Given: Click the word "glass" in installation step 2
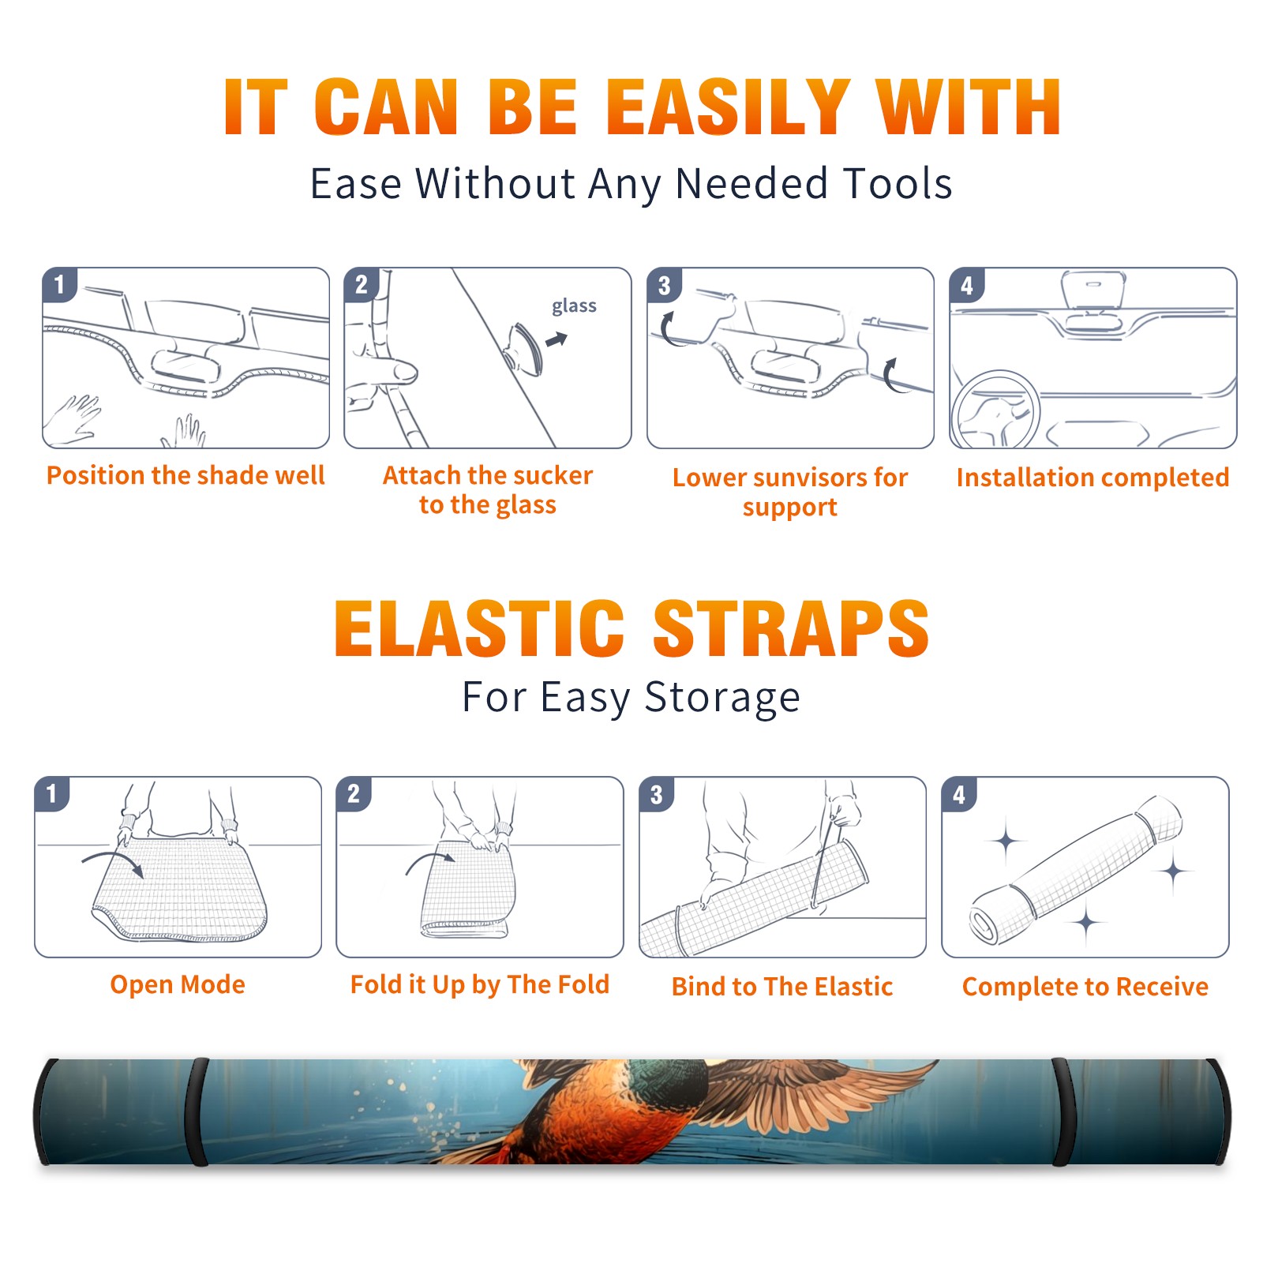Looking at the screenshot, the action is click(x=574, y=306).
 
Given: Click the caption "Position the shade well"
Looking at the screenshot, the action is click(x=186, y=475).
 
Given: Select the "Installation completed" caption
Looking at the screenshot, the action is click(x=1092, y=478).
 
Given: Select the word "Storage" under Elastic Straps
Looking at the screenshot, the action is click(x=722, y=699).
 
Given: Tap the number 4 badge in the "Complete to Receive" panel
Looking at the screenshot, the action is click(x=959, y=795).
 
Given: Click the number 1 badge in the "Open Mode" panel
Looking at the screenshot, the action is click(x=52, y=794).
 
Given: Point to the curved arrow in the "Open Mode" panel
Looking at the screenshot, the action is click(x=113, y=861).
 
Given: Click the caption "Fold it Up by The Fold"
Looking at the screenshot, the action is click(x=480, y=984).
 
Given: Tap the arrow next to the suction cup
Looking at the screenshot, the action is click(x=557, y=339).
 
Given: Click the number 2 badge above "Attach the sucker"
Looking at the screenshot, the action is click(x=362, y=285).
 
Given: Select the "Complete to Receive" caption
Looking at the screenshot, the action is click(x=1085, y=987).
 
